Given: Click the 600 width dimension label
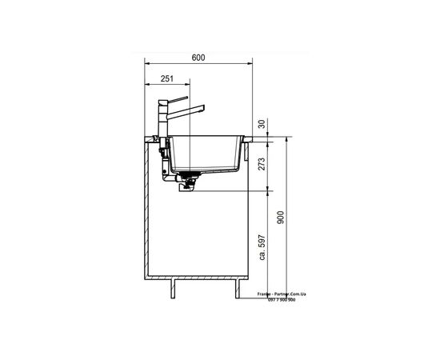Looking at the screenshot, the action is (198, 58).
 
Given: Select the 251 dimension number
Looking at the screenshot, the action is (167, 79).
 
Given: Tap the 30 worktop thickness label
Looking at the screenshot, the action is (262, 124).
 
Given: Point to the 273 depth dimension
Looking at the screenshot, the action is (262, 164).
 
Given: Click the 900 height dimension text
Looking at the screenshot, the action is (280, 217).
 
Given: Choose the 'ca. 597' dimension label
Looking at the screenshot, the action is (262, 247).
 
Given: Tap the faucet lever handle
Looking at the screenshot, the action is (178, 98).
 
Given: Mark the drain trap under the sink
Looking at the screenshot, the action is (189, 182).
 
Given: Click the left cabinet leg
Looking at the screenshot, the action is (173, 289).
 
